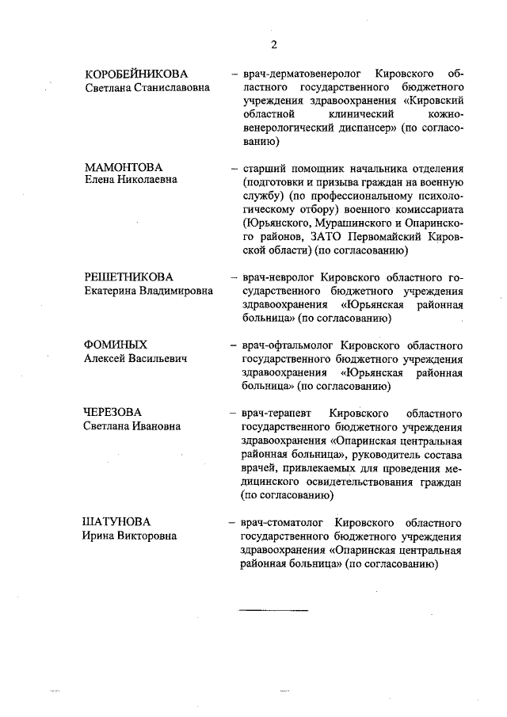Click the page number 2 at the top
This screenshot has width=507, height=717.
pos(273,44)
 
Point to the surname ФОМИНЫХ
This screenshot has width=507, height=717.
pos(116,345)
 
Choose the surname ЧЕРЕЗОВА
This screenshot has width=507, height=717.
pos(113,413)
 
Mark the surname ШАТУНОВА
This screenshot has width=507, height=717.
pos(117,523)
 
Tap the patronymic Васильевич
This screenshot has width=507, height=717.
pos(158,360)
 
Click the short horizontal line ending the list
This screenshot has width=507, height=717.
pos(273,611)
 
